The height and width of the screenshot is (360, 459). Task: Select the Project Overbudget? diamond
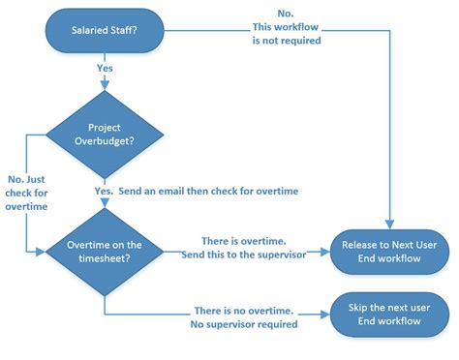104,134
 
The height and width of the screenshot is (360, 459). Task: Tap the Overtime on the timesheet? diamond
104,251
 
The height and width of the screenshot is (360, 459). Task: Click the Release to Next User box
390,251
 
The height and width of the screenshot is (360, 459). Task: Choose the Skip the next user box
390,314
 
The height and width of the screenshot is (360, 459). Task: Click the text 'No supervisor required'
243,324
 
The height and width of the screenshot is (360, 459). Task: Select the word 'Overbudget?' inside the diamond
104,140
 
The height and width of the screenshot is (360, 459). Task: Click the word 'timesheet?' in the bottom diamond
105,257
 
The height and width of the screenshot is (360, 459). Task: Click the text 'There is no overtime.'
243,311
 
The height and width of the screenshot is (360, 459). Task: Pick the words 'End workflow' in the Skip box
390,320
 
